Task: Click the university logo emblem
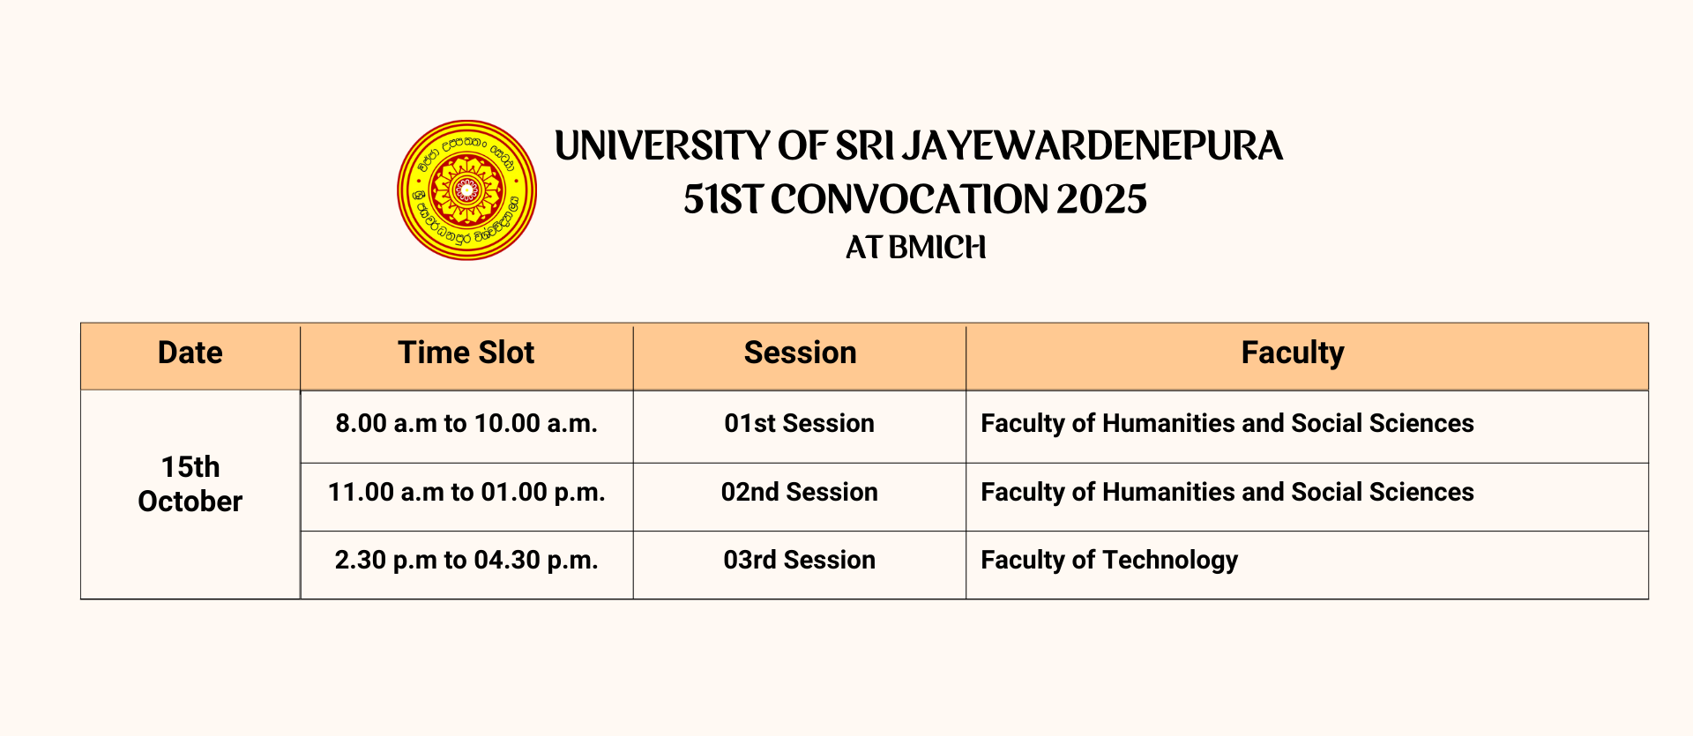466,190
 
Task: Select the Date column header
190,353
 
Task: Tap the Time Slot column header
466,353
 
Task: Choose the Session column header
800,353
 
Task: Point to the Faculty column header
1293,353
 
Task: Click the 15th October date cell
190,484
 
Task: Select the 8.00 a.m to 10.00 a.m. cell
466,423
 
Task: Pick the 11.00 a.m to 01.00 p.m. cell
466,492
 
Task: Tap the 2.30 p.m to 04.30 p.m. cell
466,560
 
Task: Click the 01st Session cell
800,423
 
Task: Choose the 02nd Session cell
800,492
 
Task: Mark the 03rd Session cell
800,560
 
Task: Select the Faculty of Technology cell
1307,561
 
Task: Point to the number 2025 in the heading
1101,199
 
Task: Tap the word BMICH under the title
937,248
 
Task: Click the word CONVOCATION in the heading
908,199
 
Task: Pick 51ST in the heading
722,199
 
